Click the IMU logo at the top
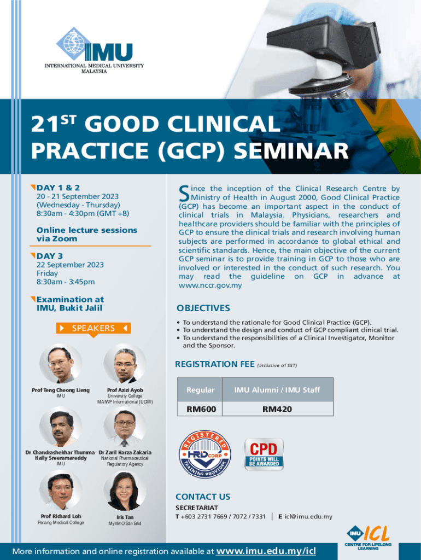coord(94,50)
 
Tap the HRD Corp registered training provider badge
coord(204,454)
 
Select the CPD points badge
coord(264,454)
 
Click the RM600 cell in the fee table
coord(201,409)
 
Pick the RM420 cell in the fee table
coord(277,409)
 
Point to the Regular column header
coord(200,390)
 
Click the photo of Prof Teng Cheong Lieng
coord(61,365)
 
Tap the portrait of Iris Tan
coord(125,492)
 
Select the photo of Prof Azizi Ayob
coord(125,365)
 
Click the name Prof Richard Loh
coord(61,516)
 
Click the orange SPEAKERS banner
coord(93,328)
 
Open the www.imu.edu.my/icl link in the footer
coord(266,551)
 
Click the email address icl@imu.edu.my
coord(308,516)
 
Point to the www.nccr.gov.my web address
coord(210,285)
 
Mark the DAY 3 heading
coord(50,256)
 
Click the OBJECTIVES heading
coord(203,308)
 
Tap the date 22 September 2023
coord(70,265)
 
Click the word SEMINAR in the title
coord(291,150)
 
